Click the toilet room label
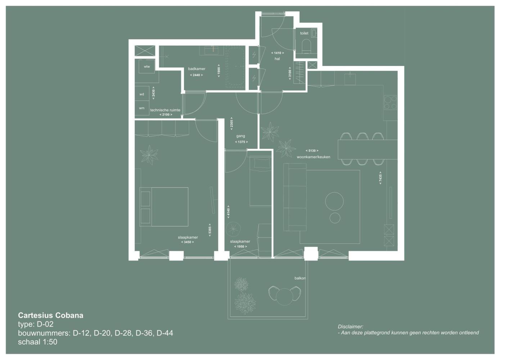(x=304, y=33)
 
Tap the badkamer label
(x=197, y=69)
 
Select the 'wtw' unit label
(x=147, y=67)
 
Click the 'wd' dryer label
(x=142, y=94)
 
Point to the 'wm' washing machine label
(x=142, y=108)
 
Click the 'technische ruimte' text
(x=165, y=110)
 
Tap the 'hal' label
(x=277, y=59)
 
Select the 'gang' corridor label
(x=240, y=136)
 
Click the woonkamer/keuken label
(x=313, y=157)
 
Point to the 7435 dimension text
(x=380, y=178)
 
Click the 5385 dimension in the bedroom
(x=210, y=230)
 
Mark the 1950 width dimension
(x=240, y=247)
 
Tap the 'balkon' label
(x=300, y=278)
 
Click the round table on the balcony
(x=284, y=296)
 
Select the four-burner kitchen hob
(x=390, y=103)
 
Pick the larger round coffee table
(x=334, y=201)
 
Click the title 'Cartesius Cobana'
(x=51, y=315)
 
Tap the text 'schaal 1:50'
(x=37, y=342)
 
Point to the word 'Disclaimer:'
(x=350, y=327)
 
